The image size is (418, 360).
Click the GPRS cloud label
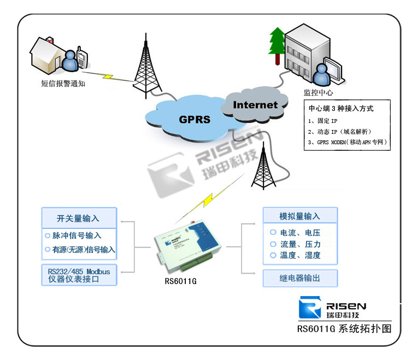point(194,119)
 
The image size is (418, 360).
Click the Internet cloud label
point(255,104)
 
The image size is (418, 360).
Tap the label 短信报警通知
point(63,83)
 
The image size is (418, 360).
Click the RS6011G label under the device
point(181,282)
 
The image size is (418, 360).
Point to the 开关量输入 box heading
point(78,218)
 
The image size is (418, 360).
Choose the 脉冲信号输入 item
point(77,235)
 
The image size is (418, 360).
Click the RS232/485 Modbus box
point(79,275)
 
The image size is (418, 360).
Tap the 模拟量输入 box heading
point(299,216)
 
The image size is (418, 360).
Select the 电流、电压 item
point(299,233)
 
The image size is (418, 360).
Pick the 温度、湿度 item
point(299,255)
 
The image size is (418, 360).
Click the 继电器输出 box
point(299,278)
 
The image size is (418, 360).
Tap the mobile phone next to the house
point(81,58)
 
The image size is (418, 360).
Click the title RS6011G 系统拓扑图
point(344,329)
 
